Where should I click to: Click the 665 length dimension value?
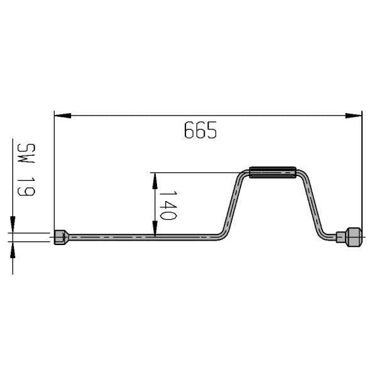tap(200, 130)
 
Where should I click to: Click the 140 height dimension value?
tap(168, 205)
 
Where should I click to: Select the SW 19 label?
tap(26, 170)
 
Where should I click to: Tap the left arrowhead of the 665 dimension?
tap(62, 116)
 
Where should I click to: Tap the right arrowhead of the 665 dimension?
tap(353, 116)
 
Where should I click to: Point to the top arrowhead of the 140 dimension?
tap(155, 181)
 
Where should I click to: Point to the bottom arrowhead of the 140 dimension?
tap(155, 229)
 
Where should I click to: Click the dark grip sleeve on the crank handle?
tap(273, 172)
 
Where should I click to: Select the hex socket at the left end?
tap(62, 238)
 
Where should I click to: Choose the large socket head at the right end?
tap(354, 237)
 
